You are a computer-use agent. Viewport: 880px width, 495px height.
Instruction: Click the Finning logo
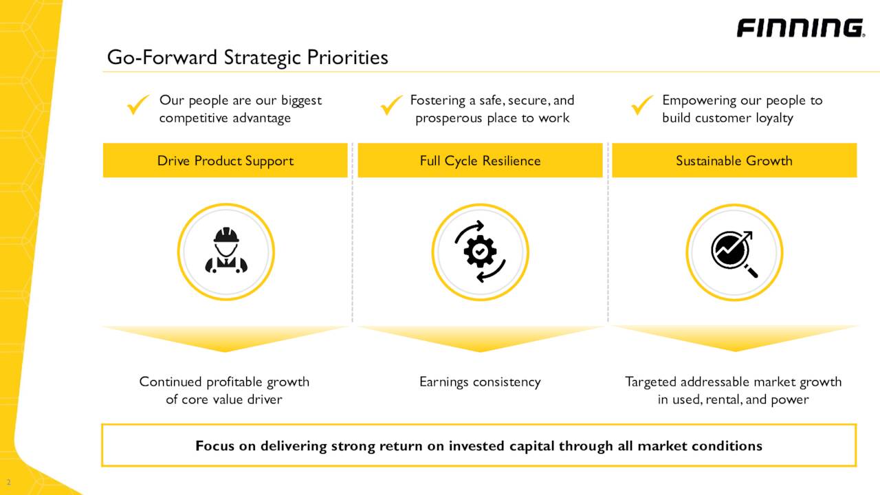800,28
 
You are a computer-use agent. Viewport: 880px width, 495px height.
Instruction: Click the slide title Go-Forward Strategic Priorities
247,57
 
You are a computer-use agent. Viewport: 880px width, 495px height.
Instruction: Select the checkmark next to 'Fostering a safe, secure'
392,106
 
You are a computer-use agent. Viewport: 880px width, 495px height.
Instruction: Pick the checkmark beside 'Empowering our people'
643,106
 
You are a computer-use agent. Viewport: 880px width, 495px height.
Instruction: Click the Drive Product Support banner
225,161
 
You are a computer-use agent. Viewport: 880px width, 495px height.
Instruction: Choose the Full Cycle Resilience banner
480,161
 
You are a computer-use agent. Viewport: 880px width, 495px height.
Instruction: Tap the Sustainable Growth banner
734,161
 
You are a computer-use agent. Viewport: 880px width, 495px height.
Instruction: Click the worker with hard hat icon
225,252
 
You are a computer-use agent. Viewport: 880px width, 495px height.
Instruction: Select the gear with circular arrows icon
480,252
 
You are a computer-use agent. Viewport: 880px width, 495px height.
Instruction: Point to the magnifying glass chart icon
734,252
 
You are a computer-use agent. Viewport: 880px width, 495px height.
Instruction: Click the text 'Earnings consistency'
480,382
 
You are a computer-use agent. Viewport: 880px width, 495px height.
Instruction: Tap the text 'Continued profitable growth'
224,382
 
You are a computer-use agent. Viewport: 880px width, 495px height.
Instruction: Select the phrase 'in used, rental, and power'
733,399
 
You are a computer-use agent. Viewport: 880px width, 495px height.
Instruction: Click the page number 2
9,482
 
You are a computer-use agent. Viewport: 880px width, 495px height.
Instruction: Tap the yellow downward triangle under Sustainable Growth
734,338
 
